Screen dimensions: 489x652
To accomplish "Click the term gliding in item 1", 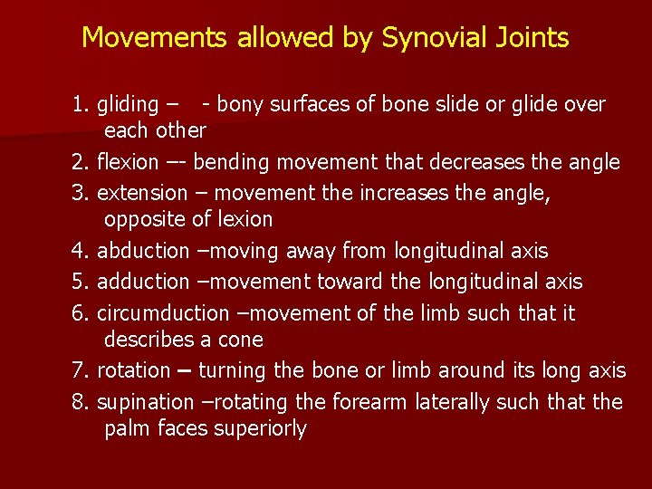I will tap(127, 105).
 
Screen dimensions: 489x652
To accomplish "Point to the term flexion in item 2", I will tap(127, 162).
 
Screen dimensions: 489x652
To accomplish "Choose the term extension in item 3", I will tap(141, 192).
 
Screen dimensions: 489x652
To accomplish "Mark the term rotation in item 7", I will tap(133, 370).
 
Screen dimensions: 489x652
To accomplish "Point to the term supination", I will tap(145, 401).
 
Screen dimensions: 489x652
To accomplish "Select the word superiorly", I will tap(260, 429).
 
